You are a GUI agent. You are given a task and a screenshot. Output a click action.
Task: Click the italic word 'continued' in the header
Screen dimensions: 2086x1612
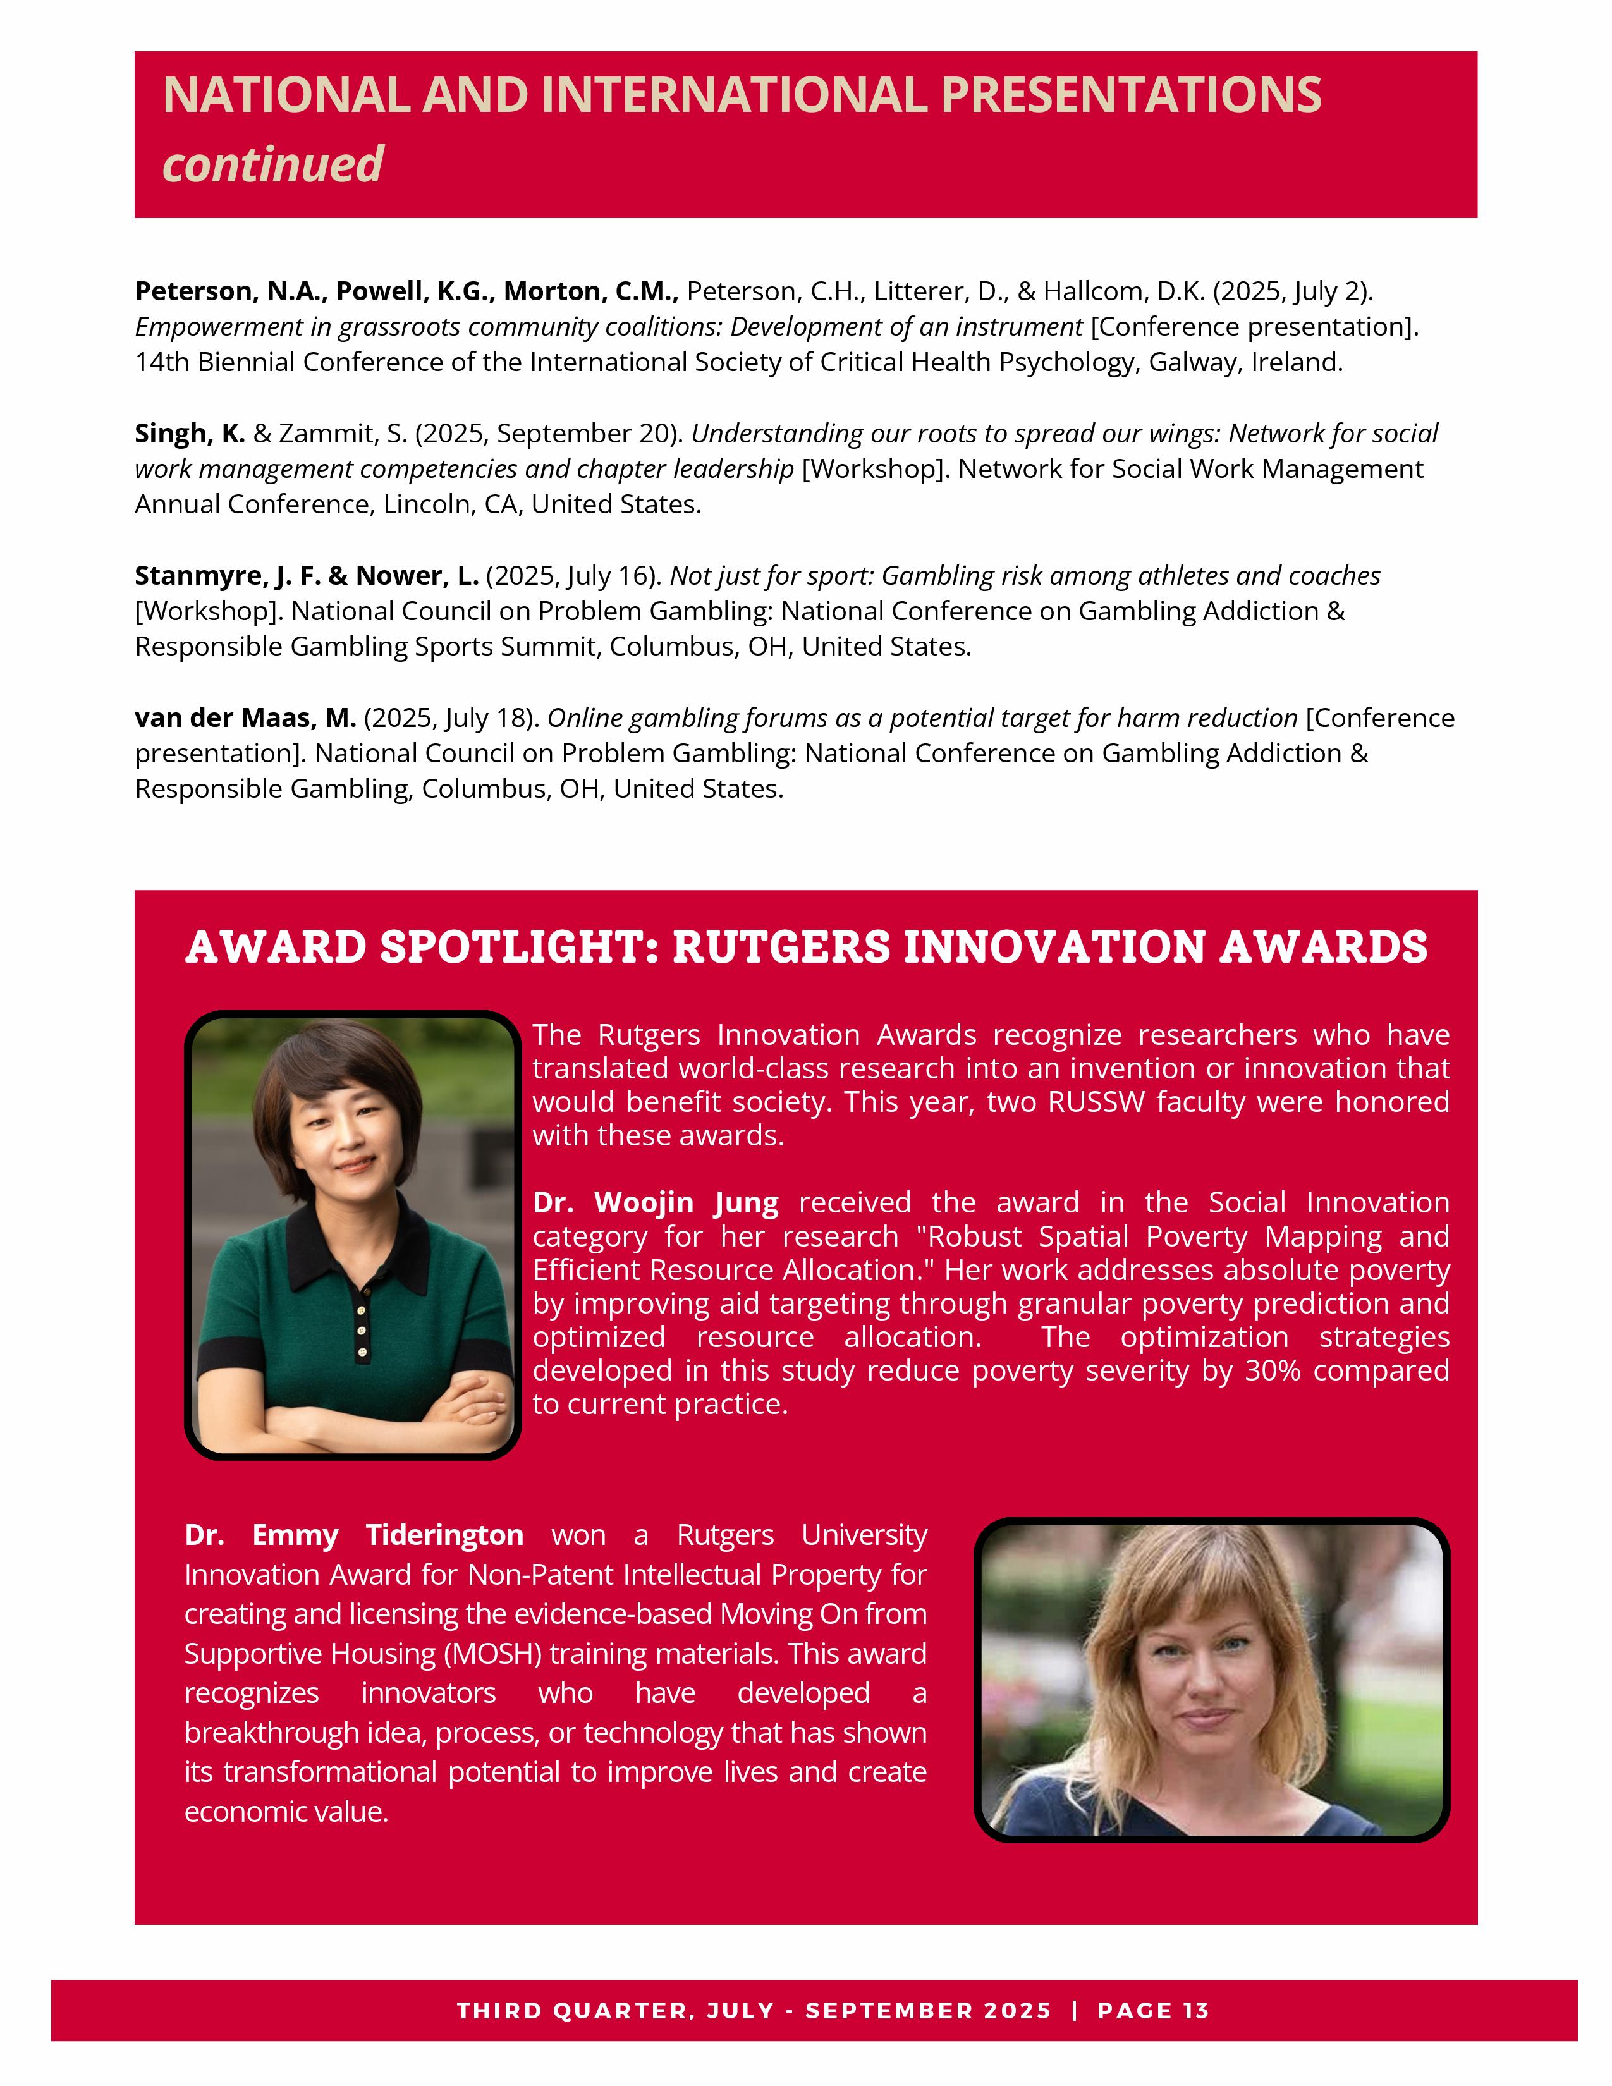point(273,164)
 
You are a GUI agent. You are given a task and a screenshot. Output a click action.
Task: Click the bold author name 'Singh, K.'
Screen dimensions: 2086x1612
point(189,434)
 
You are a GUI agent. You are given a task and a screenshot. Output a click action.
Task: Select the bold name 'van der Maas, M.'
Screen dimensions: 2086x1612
point(245,717)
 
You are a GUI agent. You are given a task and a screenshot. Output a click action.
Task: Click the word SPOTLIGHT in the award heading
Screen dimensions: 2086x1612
point(518,948)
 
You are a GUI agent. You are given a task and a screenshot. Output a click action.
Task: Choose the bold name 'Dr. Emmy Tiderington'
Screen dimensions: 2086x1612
point(353,1535)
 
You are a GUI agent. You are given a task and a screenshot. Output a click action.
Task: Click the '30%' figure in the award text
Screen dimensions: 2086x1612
point(1273,1370)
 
